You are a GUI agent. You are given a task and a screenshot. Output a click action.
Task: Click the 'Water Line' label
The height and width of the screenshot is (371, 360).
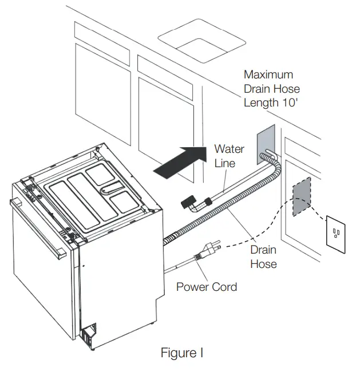[229, 156]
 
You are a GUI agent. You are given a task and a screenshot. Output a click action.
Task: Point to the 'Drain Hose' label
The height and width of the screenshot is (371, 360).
[263, 257]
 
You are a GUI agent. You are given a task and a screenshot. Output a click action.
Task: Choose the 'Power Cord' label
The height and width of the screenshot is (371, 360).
[206, 287]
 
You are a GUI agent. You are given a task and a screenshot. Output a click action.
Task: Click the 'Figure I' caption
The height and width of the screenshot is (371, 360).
[181, 353]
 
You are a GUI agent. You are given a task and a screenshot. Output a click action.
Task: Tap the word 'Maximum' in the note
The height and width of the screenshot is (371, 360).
[268, 74]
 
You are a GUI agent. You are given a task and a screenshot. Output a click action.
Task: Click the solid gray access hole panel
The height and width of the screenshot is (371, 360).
[266, 143]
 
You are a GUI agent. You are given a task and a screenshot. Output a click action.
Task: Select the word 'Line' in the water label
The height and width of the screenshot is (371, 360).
[225, 163]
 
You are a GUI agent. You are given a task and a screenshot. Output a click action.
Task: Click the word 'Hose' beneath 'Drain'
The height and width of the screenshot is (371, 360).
[263, 264]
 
